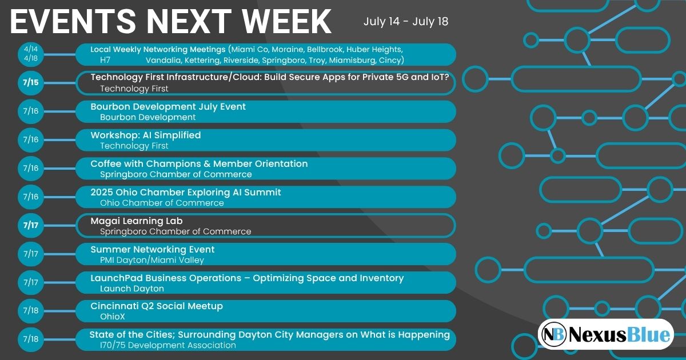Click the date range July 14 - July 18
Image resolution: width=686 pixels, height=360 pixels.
pyautogui.click(x=406, y=22)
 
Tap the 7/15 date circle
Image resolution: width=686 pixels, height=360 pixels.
pyautogui.click(x=31, y=83)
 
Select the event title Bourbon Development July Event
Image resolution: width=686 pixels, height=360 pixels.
pyautogui.click(x=168, y=106)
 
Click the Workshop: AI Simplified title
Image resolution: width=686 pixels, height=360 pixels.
pyautogui.click(x=146, y=135)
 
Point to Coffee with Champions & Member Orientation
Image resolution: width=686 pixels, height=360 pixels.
pyautogui.click(x=199, y=163)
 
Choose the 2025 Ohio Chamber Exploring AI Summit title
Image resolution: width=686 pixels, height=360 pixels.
pyautogui.click(x=186, y=192)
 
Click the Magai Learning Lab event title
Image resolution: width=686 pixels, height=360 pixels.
pyautogui.click(x=137, y=221)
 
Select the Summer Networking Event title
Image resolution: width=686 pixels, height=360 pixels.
pyautogui.click(x=153, y=249)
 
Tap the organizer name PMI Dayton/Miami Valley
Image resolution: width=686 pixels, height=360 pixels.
pyautogui.click(x=152, y=260)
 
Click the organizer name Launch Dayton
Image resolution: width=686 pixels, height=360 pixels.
pyautogui.click(x=132, y=289)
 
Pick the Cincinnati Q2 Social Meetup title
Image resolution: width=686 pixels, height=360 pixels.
pyautogui.click(x=157, y=306)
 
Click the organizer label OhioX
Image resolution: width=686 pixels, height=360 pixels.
pyautogui.click(x=113, y=317)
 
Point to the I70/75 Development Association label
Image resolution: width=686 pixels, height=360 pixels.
pyautogui.click(x=168, y=345)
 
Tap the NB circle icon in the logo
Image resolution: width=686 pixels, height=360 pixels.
pyautogui.click(x=553, y=334)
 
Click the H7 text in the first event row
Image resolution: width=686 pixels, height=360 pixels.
pyautogui.click(x=105, y=60)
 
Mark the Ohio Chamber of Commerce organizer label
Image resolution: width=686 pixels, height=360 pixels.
pyautogui.click(x=162, y=203)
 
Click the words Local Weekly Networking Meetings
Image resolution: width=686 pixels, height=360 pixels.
pyautogui.click(x=158, y=49)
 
